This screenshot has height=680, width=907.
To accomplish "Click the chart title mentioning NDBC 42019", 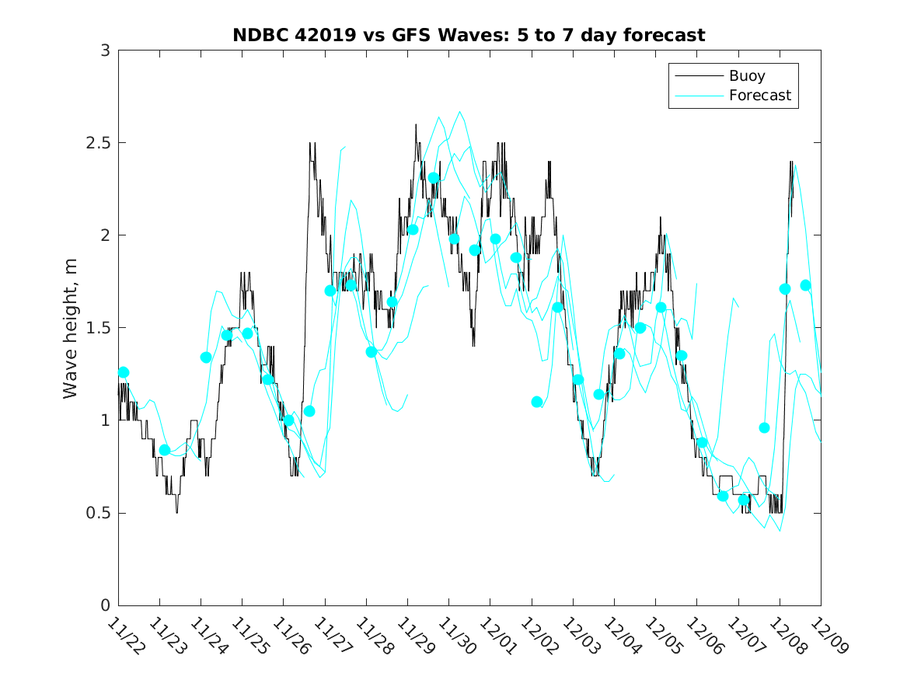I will click(x=469, y=36).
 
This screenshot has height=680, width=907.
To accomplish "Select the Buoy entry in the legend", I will click(x=747, y=76).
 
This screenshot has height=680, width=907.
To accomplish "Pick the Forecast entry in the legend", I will click(x=759, y=96).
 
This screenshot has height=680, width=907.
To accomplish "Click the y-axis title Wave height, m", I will click(x=71, y=328).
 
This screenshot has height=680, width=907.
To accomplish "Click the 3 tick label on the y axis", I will click(x=103, y=51).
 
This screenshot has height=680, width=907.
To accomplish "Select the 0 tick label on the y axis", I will click(x=103, y=605).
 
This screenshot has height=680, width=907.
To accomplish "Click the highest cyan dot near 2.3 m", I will click(x=434, y=178).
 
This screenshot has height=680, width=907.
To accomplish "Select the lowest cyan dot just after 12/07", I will click(x=744, y=500).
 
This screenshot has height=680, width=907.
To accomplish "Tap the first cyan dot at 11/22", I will click(x=123, y=372).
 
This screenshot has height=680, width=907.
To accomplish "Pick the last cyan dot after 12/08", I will click(x=806, y=285).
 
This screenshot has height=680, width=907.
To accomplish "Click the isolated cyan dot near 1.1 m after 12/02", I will click(x=537, y=402).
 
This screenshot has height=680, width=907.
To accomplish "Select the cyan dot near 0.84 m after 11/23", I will click(x=165, y=450).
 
